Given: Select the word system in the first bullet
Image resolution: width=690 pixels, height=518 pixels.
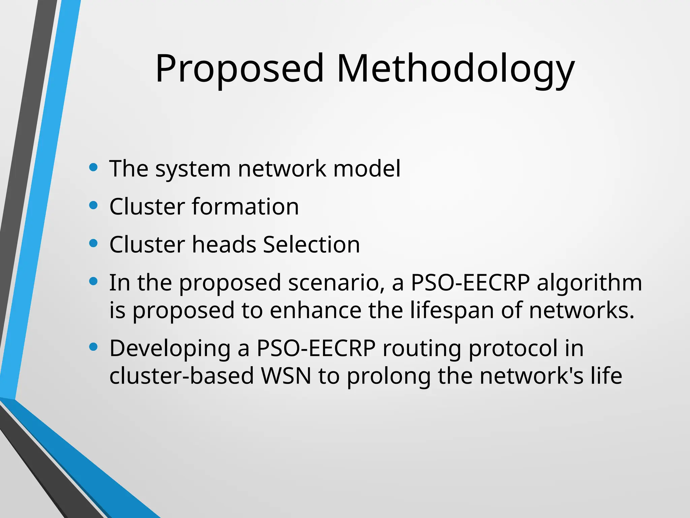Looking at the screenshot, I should coord(193,169).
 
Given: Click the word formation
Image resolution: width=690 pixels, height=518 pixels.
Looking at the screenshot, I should coord(245,206).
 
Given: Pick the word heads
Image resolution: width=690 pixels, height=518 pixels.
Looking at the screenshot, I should coord(224,244).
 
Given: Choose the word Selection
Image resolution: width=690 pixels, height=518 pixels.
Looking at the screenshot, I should coord(311,244).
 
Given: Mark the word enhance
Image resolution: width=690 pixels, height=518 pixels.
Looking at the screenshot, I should coord(315,310).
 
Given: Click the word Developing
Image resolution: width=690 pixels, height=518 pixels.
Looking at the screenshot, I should coord(170,349).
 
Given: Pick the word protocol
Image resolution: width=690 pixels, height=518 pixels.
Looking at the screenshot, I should coord(513,349).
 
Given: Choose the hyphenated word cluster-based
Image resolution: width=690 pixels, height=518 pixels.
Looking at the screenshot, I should coord(182,376).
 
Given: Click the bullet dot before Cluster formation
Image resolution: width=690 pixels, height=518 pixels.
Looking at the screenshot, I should coord(93,205).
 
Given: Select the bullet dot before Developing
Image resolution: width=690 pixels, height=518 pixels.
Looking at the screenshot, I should coord(93,347).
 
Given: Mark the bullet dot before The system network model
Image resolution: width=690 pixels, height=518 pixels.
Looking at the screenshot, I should coord(93,167).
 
